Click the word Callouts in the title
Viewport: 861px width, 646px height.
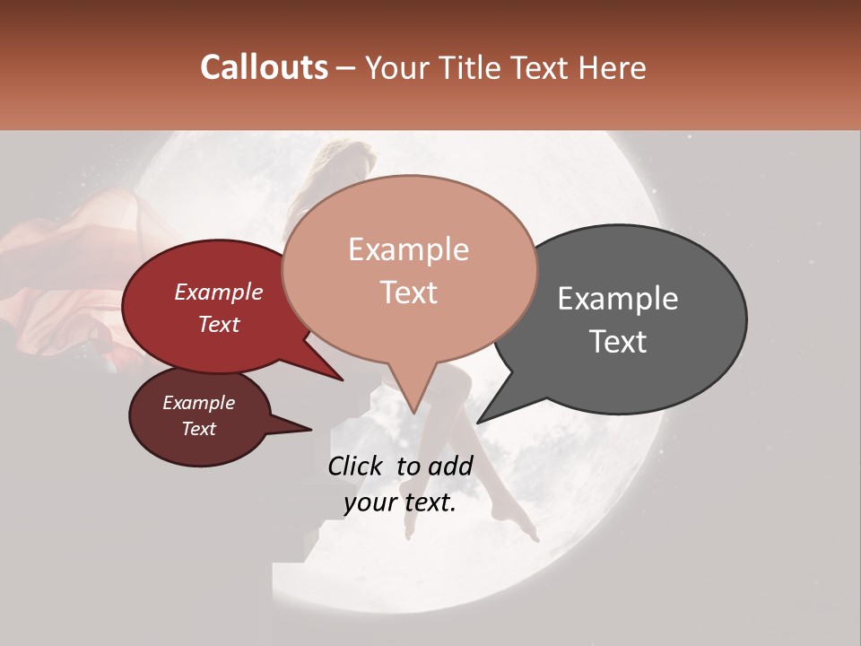point(264,67)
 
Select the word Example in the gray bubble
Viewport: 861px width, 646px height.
point(618,299)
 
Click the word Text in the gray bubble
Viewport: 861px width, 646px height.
point(618,342)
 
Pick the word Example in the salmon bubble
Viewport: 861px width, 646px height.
point(408,249)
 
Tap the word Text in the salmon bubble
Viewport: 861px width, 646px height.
point(408,292)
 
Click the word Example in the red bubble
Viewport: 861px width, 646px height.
point(219,292)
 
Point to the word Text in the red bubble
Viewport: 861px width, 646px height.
point(219,325)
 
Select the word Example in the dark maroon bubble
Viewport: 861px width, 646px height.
point(199,403)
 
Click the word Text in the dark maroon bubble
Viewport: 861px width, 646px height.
point(199,429)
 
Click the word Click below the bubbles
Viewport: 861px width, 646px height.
point(355,466)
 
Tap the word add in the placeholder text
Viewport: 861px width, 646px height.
point(451,466)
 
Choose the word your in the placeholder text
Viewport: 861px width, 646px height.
point(370,503)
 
